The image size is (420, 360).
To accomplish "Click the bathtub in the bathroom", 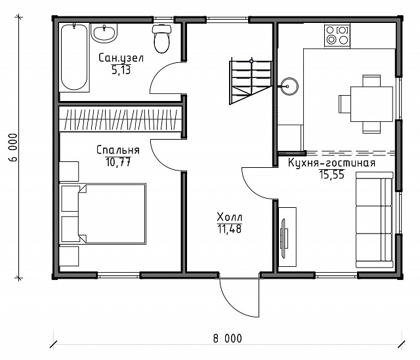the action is point(74,58).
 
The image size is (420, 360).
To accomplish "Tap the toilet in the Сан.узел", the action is point(161,38).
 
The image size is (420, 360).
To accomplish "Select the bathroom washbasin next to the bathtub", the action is point(104,33).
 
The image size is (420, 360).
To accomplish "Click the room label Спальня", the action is point(118,150).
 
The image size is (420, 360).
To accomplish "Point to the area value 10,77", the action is point(118,162).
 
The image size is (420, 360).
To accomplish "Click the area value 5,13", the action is point(121,70).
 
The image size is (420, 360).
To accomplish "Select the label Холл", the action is point(230,216).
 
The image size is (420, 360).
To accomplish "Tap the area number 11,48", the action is point(230,229).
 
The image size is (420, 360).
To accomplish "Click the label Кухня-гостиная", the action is point(331,163).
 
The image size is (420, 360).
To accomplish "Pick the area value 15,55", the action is point(331,174).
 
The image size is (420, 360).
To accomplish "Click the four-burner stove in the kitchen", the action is point(337,36).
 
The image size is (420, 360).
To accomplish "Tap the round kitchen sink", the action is point(289,86).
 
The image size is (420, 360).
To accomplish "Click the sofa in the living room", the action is point(374,220).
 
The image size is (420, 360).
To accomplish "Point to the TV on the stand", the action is point(284,238).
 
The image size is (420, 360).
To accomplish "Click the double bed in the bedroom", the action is point(104,214).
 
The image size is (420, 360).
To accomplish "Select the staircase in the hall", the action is point(251,83).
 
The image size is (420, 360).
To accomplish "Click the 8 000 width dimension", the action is point(228,338).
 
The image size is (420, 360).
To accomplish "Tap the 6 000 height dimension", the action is point(12,148).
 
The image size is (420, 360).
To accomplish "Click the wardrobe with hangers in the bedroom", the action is point(121,119).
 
